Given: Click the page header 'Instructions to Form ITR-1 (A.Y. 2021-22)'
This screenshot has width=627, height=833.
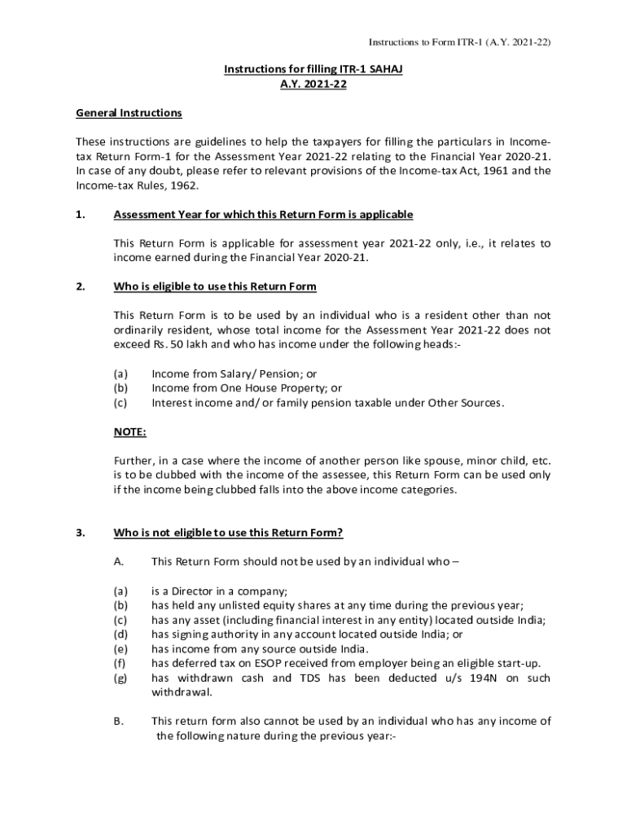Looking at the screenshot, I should coord(460,42).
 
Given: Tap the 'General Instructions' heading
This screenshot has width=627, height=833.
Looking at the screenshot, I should coord(129,112).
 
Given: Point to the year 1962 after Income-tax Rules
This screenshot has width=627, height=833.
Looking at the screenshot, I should coord(182,185).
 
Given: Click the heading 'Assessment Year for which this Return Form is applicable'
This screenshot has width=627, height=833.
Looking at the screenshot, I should coord(263,215).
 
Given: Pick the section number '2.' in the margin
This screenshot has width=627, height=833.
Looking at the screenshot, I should coord(80,287).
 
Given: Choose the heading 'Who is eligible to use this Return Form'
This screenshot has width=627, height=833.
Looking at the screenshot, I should coord(215,287).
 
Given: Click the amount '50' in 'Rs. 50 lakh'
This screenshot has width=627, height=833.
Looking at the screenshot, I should coord(176,345).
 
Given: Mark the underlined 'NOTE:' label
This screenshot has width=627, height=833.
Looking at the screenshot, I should coord(129,432).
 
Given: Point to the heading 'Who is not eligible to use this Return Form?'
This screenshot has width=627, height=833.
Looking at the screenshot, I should coord(228,533).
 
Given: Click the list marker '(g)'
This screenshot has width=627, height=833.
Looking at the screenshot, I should coord(121,678).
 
